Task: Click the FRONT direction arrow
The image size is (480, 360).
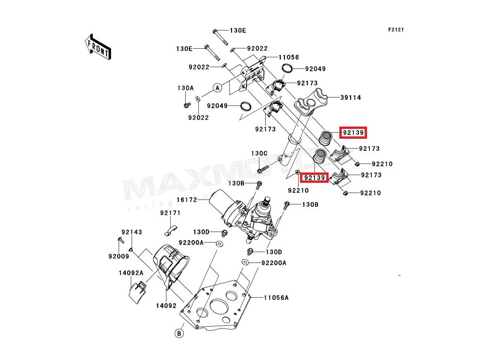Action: click(97, 46)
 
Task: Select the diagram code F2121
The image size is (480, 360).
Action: click(396, 30)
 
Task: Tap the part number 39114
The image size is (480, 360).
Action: click(351, 98)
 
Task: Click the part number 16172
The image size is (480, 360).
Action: click(187, 200)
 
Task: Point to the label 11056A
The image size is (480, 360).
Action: click(276, 298)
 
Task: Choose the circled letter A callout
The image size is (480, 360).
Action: click(217, 88)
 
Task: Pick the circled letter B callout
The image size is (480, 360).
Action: click(179, 333)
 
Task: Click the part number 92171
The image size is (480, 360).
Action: click(170, 213)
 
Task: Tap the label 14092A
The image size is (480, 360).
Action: click(131, 272)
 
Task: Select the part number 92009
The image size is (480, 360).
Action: click(118, 256)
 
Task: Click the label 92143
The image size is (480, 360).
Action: click(132, 232)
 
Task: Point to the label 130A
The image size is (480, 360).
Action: click(185, 88)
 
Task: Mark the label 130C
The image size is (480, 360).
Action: click(259, 153)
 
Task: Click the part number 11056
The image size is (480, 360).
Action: click(288, 57)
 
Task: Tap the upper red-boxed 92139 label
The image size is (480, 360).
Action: click(353, 133)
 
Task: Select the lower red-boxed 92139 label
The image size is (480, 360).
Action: click(314, 178)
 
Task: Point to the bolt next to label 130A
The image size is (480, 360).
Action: click(186, 104)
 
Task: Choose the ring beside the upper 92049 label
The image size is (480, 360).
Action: click(288, 69)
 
